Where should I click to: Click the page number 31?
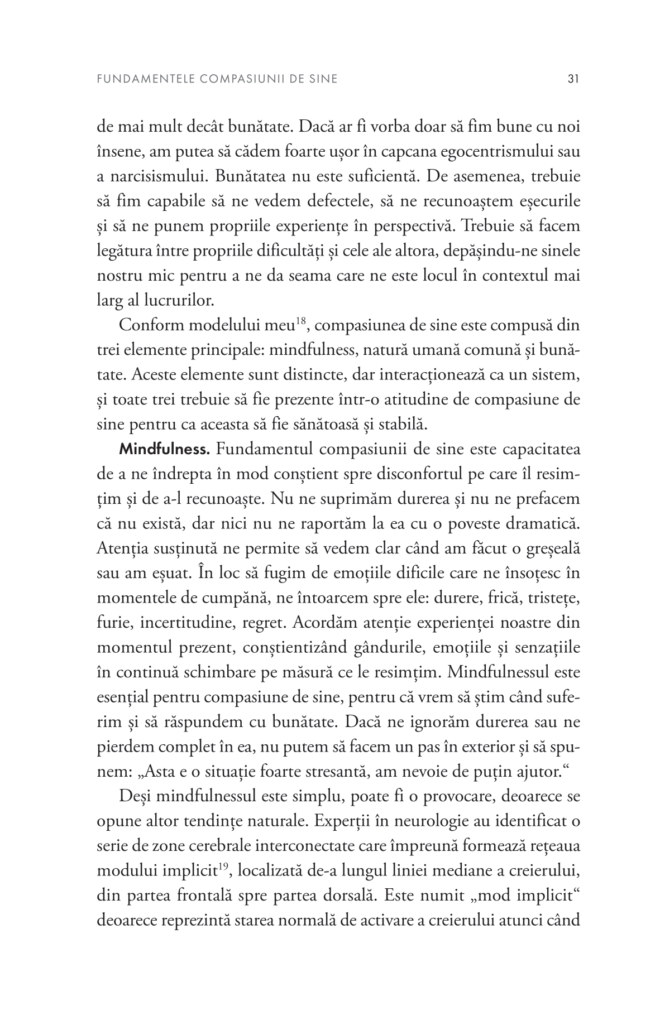[x=572, y=79]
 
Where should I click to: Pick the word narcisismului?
[x=147, y=177]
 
